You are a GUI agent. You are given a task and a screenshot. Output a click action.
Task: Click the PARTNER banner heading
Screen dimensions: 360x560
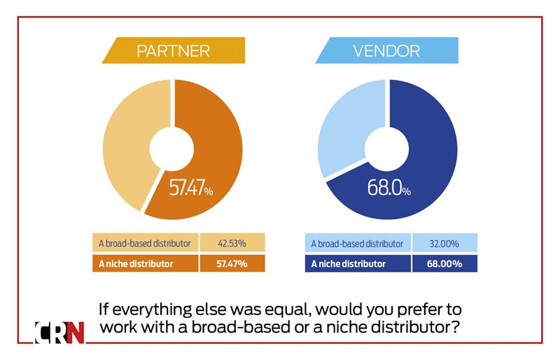(x=173, y=50)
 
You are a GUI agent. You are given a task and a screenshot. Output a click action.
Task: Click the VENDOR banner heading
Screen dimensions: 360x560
(x=386, y=50)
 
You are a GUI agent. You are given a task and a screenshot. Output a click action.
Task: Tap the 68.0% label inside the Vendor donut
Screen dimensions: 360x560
(x=389, y=188)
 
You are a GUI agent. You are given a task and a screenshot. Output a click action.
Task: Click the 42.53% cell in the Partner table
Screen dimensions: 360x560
(x=232, y=243)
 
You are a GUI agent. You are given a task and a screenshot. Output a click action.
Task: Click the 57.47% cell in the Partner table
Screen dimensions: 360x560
(x=232, y=264)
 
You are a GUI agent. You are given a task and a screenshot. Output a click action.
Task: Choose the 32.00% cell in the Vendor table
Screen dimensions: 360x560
(x=444, y=244)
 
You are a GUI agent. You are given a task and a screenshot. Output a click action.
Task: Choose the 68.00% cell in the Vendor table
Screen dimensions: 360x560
(x=444, y=264)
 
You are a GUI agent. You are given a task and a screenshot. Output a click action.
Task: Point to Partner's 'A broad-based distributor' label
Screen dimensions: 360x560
(x=145, y=243)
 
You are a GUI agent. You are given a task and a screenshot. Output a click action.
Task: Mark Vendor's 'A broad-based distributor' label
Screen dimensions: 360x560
(x=358, y=244)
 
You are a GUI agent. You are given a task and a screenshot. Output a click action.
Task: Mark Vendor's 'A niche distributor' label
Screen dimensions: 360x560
(x=348, y=264)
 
